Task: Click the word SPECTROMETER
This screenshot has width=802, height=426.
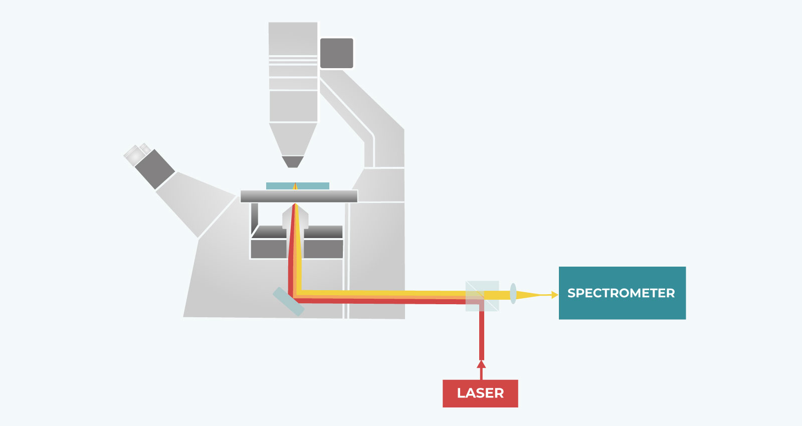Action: (x=621, y=293)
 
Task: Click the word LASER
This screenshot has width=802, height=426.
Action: (x=480, y=393)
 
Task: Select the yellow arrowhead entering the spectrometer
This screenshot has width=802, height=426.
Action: (x=554, y=295)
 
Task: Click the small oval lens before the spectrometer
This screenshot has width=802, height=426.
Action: (x=513, y=293)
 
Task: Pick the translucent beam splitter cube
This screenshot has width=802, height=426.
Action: (x=482, y=296)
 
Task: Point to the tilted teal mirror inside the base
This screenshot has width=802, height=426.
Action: (x=288, y=301)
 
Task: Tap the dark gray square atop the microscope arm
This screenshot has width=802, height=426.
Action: (x=336, y=53)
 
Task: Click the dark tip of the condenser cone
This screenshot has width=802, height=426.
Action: (x=293, y=161)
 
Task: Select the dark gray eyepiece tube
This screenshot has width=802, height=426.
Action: (x=154, y=169)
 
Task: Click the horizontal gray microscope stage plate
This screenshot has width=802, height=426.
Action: (x=299, y=196)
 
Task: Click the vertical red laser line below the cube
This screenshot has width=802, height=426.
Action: (x=481, y=336)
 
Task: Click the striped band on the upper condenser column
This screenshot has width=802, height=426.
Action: (x=293, y=61)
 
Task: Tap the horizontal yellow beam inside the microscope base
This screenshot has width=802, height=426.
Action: (x=381, y=293)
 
